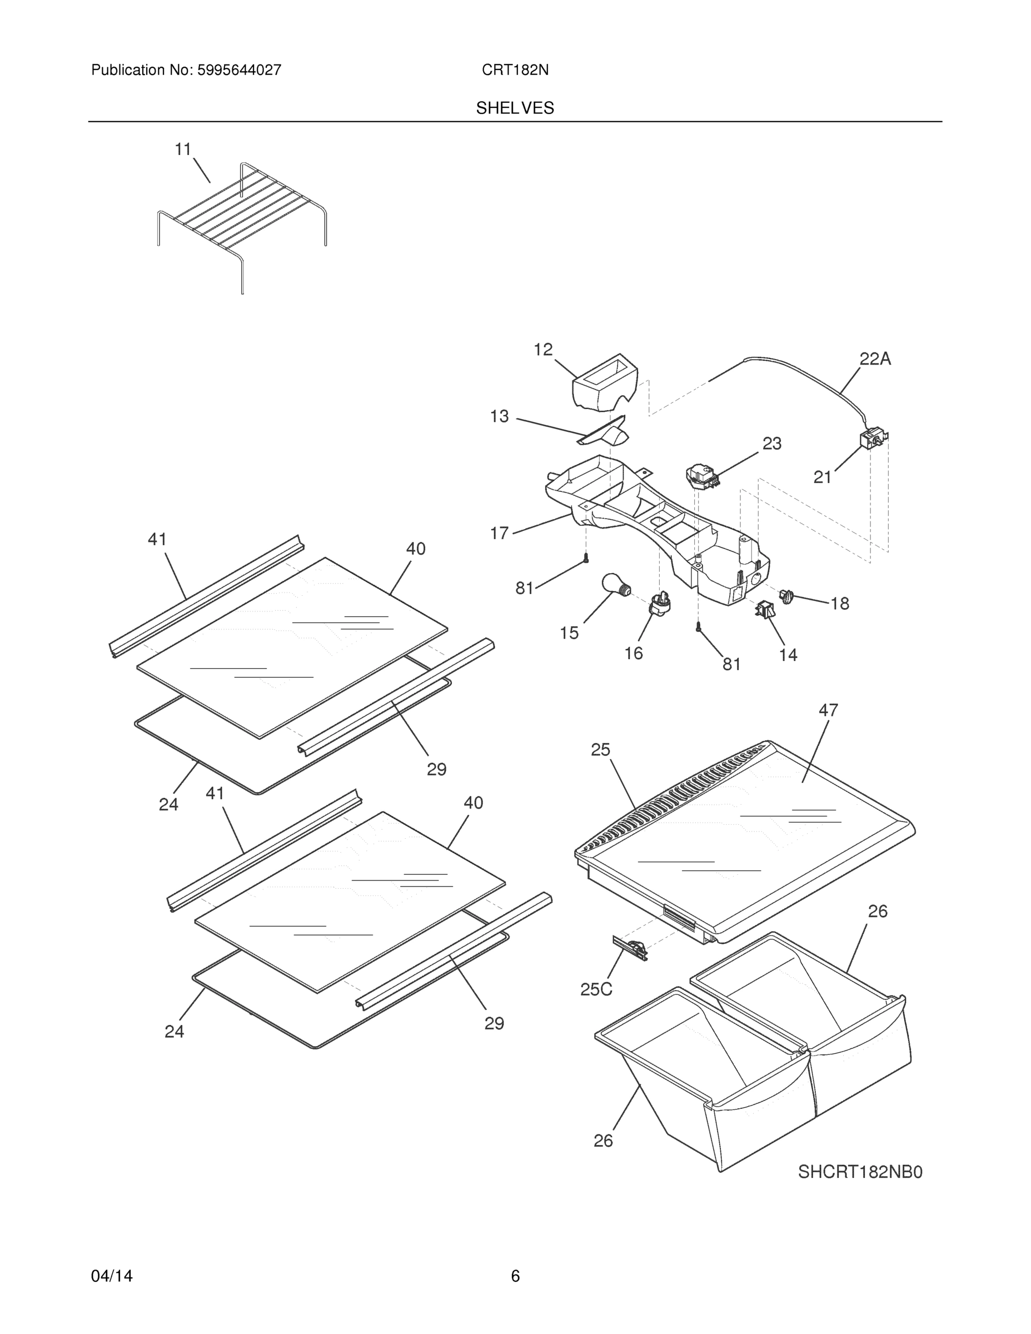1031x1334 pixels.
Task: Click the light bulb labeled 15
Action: pyautogui.click(x=615, y=583)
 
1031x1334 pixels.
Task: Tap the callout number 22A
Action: pyautogui.click(x=875, y=359)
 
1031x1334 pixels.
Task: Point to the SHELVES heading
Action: pyautogui.click(x=515, y=108)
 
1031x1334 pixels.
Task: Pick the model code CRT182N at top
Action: pyautogui.click(x=515, y=70)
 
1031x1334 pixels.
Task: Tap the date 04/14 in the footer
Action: pyautogui.click(x=112, y=1276)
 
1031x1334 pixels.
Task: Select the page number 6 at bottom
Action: pyautogui.click(x=515, y=1276)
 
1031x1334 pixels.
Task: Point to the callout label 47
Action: pyautogui.click(x=828, y=710)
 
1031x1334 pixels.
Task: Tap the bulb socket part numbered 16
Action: pyautogui.click(x=660, y=605)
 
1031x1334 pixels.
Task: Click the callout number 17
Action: pyautogui.click(x=499, y=533)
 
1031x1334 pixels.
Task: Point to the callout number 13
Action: pyautogui.click(x=499, y=416)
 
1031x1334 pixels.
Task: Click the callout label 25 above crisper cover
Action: pyautogui.click(x=600, y=749)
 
